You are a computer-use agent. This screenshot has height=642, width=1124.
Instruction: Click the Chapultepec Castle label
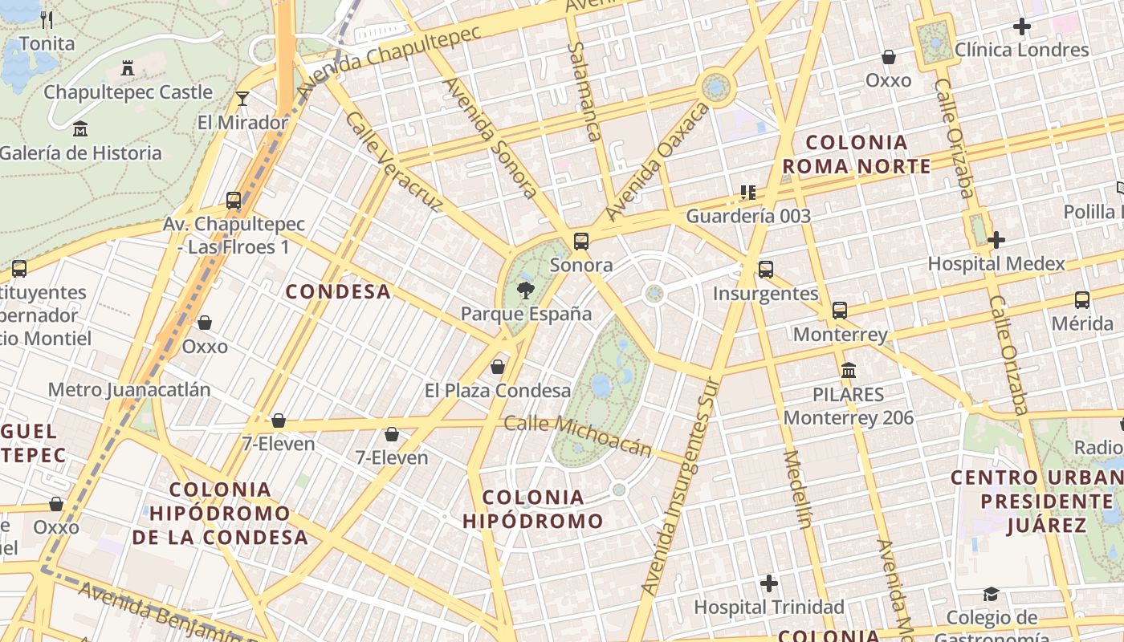click(128, 92)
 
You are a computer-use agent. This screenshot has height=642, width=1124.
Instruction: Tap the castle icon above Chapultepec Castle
click(127, 68)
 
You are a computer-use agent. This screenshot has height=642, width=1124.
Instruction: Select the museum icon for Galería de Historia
click(80, 128)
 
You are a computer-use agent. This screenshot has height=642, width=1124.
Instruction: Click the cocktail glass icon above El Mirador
click(242, 99)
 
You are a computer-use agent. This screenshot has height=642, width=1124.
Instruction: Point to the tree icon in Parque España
click(526, 290)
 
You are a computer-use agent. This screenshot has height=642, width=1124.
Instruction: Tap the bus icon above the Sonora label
click(581, 241)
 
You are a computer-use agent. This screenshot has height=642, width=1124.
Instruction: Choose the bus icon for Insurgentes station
click(766, 270)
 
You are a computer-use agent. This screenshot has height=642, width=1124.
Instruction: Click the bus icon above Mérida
click(1082, 300)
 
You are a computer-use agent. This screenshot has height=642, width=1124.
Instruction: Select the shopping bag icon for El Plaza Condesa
click(498, 368)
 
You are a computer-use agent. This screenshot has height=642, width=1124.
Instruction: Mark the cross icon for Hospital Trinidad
click(769, 583)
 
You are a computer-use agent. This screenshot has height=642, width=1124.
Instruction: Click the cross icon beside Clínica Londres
click(1021, 26)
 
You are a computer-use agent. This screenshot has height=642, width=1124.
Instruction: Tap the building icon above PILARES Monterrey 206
click(849, 371)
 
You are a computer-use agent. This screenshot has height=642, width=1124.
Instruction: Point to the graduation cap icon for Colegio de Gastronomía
click(991, 594)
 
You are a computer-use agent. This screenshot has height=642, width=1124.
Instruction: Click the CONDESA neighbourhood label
click(339, 292)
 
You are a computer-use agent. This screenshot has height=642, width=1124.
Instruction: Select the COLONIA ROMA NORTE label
click(856, 155)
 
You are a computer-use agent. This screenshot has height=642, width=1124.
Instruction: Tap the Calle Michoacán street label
click(576, 435)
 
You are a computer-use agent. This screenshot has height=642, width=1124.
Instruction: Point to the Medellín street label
click(797, 490)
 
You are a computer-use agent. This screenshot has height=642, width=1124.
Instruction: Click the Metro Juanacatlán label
click(129, 390)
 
